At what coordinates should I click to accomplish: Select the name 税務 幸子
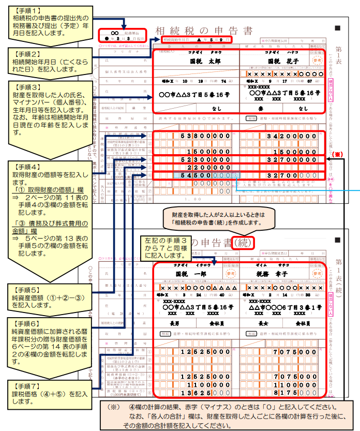283,273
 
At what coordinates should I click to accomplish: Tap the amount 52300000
205,160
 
